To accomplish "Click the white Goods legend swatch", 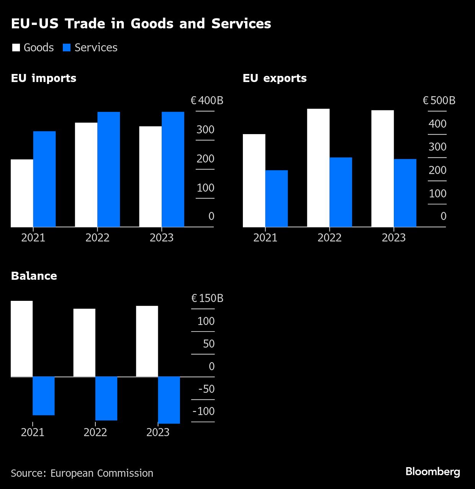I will coord(16,48).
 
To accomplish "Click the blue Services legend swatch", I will coord(67,48).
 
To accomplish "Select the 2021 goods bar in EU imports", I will coord(22,193).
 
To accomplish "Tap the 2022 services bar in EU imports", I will coord(109,169).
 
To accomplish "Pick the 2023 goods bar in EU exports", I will coord(382,169).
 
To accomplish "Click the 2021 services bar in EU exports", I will coord(277,199).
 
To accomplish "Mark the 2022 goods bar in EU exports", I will coord(318,168).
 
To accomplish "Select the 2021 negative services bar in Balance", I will coord(44,395).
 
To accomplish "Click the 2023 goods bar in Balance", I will coord(147,341).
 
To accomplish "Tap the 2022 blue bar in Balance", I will coord(106,398).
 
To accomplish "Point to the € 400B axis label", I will coord(207,101).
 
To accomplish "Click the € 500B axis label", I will coord(439,101).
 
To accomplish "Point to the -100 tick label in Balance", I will coord(203,411).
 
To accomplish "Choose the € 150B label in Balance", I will coord(207,298).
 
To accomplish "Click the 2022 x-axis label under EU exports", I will coord(329,238).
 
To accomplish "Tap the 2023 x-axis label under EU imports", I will coord(162,238).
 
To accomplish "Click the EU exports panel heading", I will coord(275,78).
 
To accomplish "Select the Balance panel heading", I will coord(34,276).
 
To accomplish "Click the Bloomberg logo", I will coord(433,472).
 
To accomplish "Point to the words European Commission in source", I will coord(102,473).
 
